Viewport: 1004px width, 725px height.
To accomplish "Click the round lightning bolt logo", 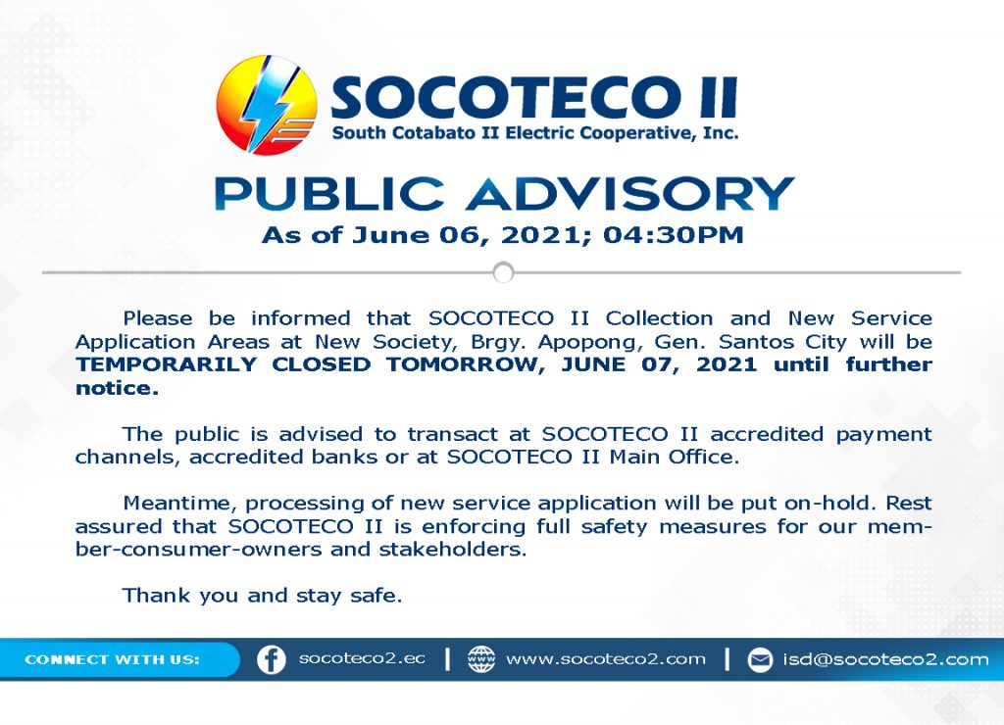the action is [267, 106].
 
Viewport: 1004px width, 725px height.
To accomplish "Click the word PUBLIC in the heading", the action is [329, 193].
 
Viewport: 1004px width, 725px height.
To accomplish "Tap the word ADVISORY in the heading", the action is [630, 193].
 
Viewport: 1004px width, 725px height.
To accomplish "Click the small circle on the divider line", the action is [503, 272].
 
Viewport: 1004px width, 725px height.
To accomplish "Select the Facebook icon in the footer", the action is [272, 659].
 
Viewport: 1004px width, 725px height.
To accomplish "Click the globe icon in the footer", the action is [481, 659].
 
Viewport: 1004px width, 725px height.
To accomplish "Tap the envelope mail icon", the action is [760, 660].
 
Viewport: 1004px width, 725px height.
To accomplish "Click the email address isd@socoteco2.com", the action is [885, 659].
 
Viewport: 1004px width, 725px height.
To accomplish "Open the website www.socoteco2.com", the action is [606, 659].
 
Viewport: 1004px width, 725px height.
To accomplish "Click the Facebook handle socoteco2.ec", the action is [362, 659].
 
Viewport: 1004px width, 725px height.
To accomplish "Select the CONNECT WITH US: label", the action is [112, 659].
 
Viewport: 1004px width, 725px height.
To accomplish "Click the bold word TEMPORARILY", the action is [166, 364].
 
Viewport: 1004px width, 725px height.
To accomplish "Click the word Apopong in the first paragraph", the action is [589, 342].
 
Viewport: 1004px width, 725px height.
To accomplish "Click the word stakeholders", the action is [453, 550].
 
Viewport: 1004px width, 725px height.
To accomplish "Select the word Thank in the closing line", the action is [156, 595].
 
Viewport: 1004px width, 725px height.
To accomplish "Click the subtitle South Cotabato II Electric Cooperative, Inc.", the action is [534, 133].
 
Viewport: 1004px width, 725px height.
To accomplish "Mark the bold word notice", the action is [117, 388].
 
